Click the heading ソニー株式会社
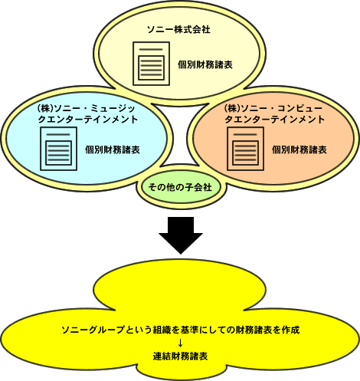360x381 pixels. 178,30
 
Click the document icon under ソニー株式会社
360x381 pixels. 151,64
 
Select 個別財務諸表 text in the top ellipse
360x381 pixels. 205,64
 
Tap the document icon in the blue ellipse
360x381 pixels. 58,149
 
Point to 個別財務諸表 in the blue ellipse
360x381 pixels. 113,149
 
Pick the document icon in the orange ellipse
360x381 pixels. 245,149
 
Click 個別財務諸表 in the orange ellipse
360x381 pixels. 299,149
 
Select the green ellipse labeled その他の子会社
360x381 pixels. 180,187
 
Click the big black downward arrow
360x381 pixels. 181,235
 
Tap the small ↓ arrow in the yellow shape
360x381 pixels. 180,343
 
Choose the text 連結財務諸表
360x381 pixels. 180,356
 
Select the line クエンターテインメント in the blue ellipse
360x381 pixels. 88,120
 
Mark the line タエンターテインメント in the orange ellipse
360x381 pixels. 275,120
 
